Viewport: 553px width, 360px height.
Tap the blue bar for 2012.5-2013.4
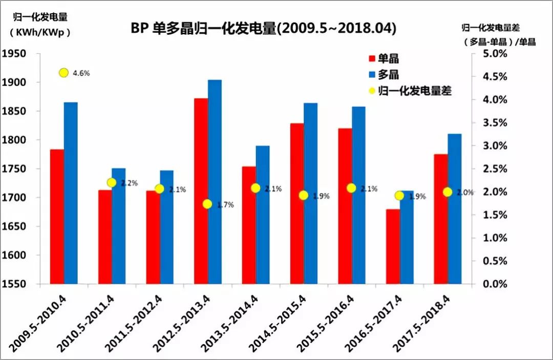coord(215,182)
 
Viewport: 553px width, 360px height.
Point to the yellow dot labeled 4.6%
coord(63,73)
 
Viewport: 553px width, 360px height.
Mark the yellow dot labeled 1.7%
coord(207,204)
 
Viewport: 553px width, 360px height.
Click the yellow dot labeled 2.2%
coord(112,183)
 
